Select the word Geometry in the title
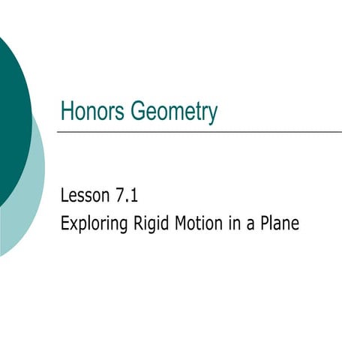pyautogui.click(x=173, y=112)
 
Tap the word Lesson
pyautogui.click(x=84, y=198)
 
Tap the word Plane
pyautogui.click(x=280, y=223)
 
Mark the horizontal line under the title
pyautogui.click(x=199, y=132)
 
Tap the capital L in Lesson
pyautogui.click(x=64, y=198)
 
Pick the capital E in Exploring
pyautogui.click(x=64, y=223)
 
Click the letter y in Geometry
pyautogui.click(x=212, y=115)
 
